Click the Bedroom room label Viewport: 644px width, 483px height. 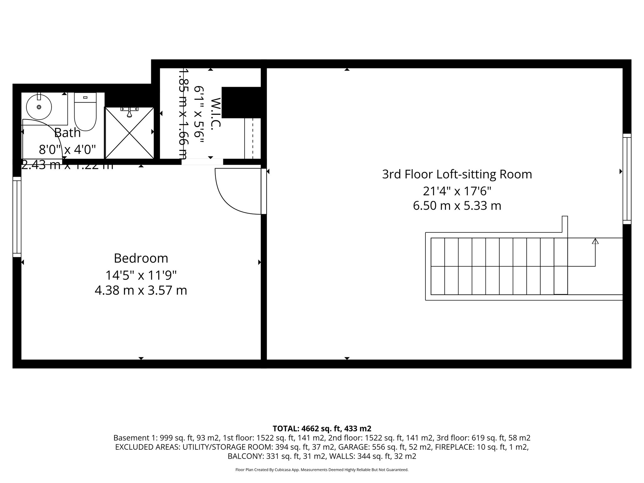pyautogui.click(x=141, y=258)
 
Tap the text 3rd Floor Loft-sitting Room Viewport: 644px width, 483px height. pyautogui.click(x=457, y=174)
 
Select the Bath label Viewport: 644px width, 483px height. pyautogui.click(x=68, y=133)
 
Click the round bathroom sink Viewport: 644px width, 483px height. pyautogui.click(x=39, y=107)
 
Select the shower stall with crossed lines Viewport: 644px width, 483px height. pyautogui.click(x=129, y=133)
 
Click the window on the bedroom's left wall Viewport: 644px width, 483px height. pyautogui.click(x=17, y=217)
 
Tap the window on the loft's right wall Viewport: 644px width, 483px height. pyautogui.click(x=627, y=179)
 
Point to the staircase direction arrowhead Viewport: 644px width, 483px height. pyautogui.click(x=595, y=241)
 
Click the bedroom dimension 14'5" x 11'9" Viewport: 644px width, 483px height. pyautogui.click(x=141, y=275)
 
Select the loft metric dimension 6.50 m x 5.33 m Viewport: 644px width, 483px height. pyautogui.click(x=457, y=206)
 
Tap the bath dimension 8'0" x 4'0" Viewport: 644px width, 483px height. pyautogui.click(x=67, y=150)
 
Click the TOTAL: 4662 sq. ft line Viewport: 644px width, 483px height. pyautogui.click(x=322, y=428)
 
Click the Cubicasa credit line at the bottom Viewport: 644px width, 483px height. pyautogui.click(x=322, y=470)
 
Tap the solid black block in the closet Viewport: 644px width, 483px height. pyautogui.click(x=241, y=102)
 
